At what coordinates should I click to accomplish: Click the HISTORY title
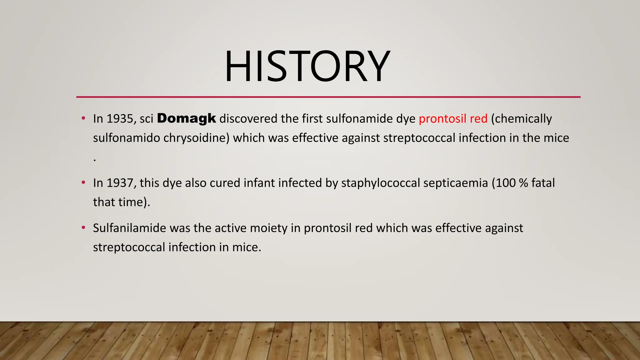pyautogui.click(x=307, y=67)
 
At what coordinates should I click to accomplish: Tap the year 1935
pyautogui.click(x=120, y=119)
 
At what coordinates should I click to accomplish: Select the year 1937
pyautogui.click(x=120, y=183)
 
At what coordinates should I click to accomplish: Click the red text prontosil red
pyautogui.click(x=453, y=119)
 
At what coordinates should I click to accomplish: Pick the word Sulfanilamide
pyautogui.click(x=129, y=228)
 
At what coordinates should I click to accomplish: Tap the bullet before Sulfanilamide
pyautogui.click(x=83, y=228)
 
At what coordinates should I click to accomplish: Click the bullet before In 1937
pyautogui.click(x=83, y=182)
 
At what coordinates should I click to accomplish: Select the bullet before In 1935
pyautogui.click(x=83, y=118)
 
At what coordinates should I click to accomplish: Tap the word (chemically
pyautogui.click(x=521, y=119)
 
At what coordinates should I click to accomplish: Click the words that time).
pyautogui.click(x=122, y=202)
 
